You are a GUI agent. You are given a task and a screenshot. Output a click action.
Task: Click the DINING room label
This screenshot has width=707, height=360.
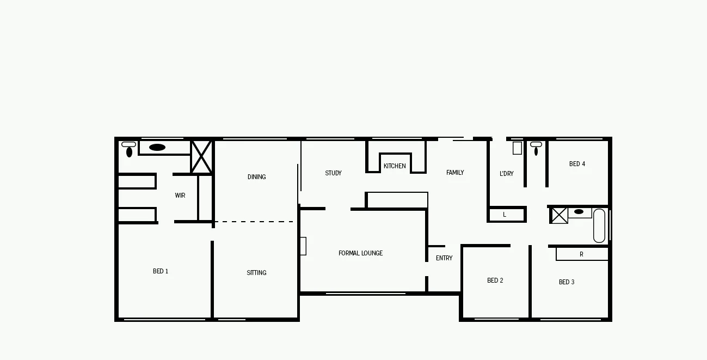256,177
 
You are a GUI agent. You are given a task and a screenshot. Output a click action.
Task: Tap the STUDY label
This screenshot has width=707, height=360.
333,173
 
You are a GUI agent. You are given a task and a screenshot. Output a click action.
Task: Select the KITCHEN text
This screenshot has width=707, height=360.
395,166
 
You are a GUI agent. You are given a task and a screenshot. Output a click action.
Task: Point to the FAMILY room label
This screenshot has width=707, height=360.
455,173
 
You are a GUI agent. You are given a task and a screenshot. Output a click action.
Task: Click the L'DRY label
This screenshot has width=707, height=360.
506,174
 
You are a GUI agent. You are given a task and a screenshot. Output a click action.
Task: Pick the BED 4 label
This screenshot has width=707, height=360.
577,164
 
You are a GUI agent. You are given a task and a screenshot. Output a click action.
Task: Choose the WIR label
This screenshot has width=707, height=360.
180,196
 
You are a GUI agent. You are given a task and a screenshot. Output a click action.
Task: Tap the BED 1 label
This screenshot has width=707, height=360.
161,271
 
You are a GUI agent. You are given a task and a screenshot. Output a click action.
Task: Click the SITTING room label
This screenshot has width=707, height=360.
256,273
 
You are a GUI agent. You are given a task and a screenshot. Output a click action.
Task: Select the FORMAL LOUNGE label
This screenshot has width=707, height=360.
360,253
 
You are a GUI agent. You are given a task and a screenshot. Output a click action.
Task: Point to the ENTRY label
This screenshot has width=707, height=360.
444,258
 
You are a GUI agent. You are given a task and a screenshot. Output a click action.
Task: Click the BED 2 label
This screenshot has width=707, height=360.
495,280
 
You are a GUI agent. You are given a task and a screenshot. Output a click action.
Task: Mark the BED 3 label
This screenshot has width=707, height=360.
567,282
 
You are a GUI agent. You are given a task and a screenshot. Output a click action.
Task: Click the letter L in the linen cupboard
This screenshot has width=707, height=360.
505,215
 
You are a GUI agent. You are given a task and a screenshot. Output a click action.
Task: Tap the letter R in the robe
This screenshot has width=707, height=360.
581,254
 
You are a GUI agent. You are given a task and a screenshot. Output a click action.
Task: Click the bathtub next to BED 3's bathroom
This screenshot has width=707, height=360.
599,225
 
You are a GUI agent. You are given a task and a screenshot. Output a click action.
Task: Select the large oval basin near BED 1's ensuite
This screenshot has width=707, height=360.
157,147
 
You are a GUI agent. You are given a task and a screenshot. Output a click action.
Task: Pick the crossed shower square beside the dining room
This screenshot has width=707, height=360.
201,157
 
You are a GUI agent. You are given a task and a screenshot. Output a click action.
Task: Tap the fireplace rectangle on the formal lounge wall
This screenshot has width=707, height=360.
303,246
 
